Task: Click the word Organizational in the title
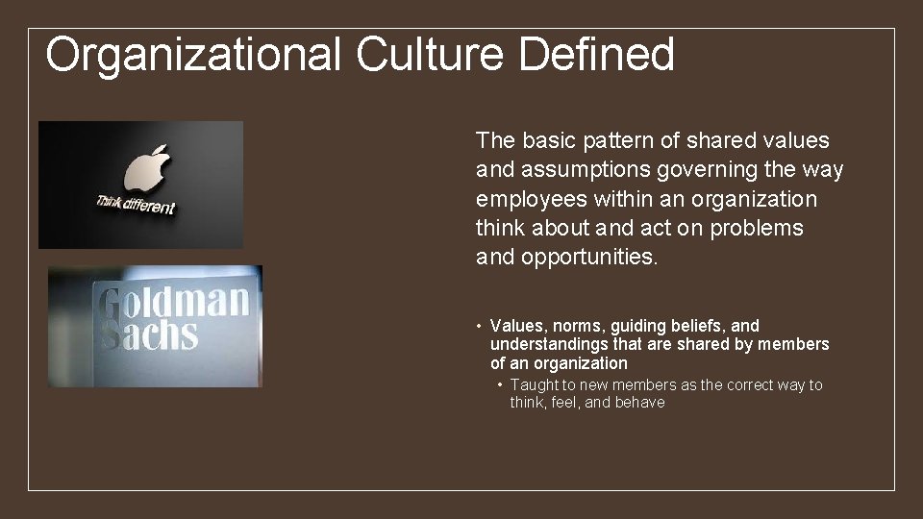pos(193,55)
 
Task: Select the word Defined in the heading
pos(596,55)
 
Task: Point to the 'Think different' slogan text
pos(136,205)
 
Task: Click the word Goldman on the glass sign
pos(174,304)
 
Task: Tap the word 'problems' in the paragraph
pos(759,228)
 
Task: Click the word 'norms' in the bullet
pos(575,326)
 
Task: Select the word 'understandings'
pos(548,344)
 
